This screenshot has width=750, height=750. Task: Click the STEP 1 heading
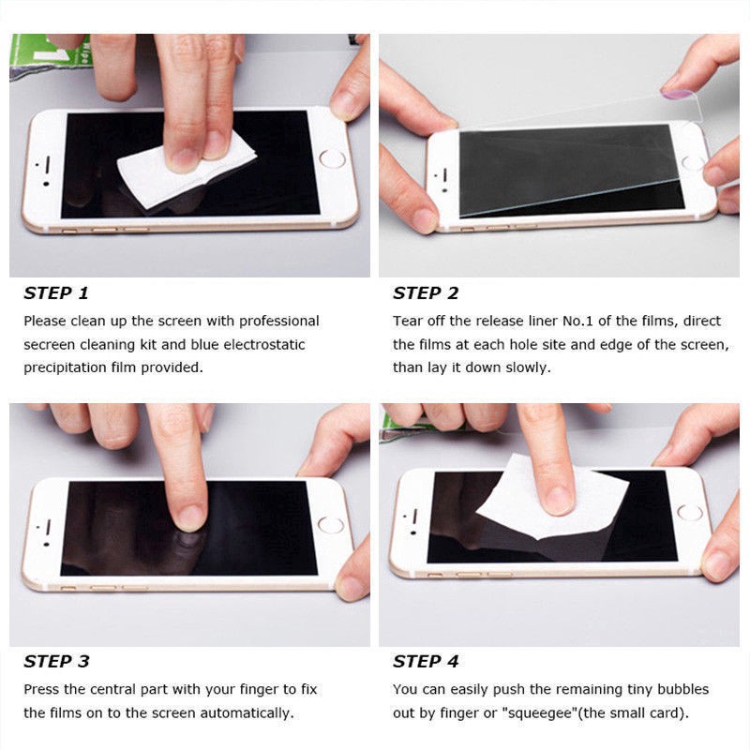pyautogui.click(x=56, y=292)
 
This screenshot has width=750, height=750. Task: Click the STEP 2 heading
pyautogui.click(x=426, y=292)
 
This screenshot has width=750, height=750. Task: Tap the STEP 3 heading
pyautogui.click(x=56, y=661)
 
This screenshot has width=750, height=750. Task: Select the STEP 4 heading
pyautogui.click(x=426, y=661)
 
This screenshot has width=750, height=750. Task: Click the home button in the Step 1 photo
pyautogui.click(x=332, y=158)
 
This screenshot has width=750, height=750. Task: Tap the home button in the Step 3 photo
pyautogui.click(x=331, y=525)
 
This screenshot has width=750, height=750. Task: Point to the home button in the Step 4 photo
pyautogui.click(x=690, y=512)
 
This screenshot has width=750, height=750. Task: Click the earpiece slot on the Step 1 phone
pyautogui.click(x=48, y=165)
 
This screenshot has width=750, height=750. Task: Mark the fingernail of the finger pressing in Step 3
pyautogui.click(x=190, y=518)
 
